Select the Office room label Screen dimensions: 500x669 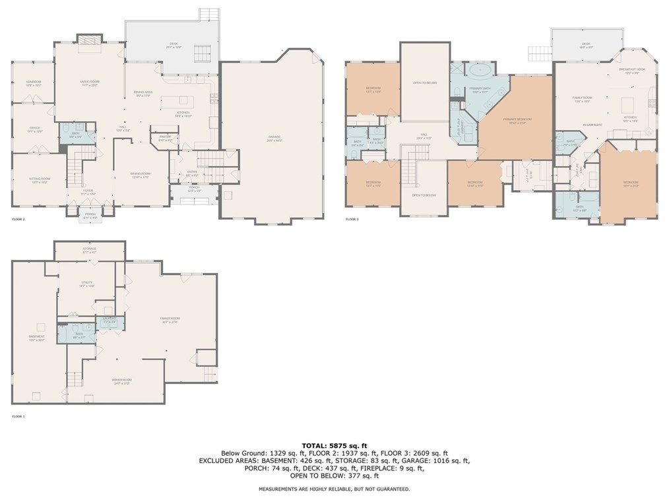[35, 129]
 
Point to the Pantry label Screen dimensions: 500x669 [165, 137]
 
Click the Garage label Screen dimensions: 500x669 [274, 138]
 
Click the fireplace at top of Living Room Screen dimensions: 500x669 [89, 43]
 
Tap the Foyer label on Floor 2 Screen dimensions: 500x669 [88, 192]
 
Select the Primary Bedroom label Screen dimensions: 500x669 [517, 120]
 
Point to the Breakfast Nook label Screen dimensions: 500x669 [632, 71]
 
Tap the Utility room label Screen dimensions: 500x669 [87, 283]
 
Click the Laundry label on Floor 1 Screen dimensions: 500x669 [109, 319]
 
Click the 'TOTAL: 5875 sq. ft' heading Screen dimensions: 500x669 [334, 446]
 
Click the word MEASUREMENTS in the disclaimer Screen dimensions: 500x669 [279, 489]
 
